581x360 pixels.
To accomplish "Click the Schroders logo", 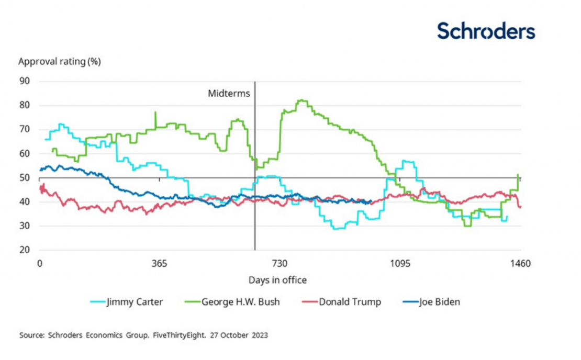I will [x=486, y=31].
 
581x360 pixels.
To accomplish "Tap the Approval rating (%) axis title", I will [x=59, y=61].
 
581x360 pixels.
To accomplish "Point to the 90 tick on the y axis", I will [x=25, y=81].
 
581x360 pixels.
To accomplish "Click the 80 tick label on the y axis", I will [x=25, y=105].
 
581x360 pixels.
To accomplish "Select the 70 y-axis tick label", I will [x=25, y=129].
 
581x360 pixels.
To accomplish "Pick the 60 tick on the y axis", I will [x=25, y=154].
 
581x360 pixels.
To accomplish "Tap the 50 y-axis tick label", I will [x=25, y=178].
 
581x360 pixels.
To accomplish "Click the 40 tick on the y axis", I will [x=25, y=202].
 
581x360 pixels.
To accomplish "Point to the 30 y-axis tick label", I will [x=25, y=226].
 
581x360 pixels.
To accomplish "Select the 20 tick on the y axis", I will [x=25, y=250].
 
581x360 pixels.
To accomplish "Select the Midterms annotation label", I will [x=229, y=94].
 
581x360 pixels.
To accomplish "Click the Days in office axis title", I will [x=277, y=280].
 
